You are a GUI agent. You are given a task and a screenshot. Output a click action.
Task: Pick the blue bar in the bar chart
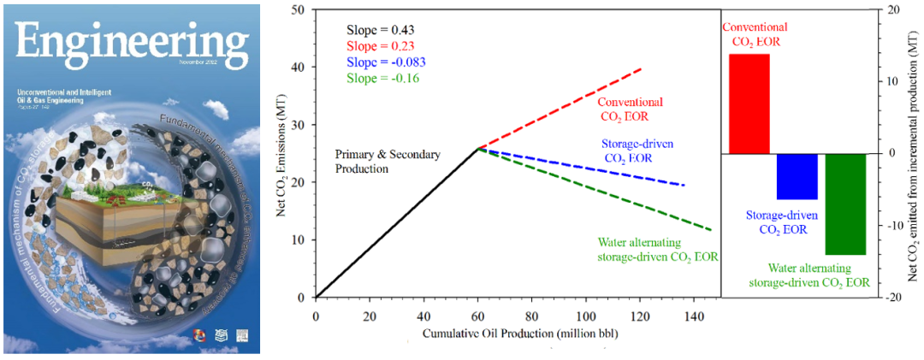tap(797, 176)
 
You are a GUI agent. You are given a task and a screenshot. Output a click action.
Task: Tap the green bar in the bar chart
tap(845, 204)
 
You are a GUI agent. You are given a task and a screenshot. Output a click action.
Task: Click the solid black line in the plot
tap(398, 223)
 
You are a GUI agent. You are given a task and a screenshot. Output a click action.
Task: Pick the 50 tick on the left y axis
tap(299, 10)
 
